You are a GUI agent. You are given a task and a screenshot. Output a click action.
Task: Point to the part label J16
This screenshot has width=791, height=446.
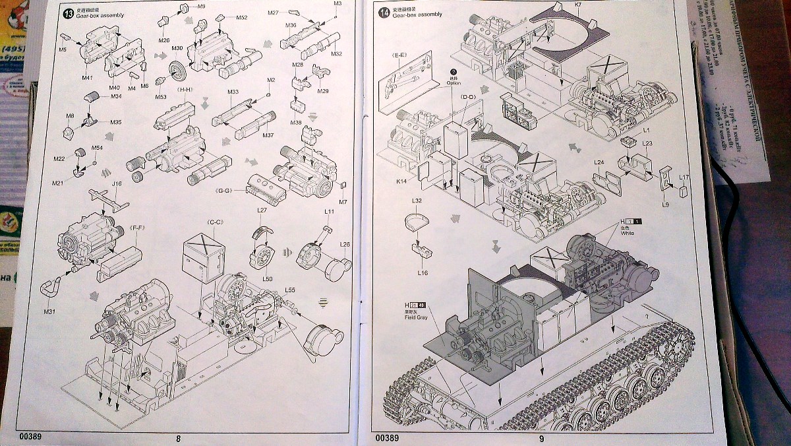click(x=117, y=184)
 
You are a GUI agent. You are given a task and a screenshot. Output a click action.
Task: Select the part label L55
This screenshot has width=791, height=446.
click(x=290, y=290)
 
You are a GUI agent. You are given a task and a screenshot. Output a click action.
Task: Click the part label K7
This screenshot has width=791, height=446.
click(x=577, y=5)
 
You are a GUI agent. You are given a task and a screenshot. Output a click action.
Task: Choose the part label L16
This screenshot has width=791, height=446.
click(x=423, y=272)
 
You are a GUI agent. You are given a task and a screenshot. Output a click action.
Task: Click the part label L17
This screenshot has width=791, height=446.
click(x=684, y=177)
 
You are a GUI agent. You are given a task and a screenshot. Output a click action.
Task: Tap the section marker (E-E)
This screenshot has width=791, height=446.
click(x=399, y=55)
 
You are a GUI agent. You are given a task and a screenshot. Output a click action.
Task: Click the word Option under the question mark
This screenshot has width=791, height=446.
click(x=453, y=83)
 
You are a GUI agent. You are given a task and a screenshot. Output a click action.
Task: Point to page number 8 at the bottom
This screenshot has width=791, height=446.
click(x=178, y=437)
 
